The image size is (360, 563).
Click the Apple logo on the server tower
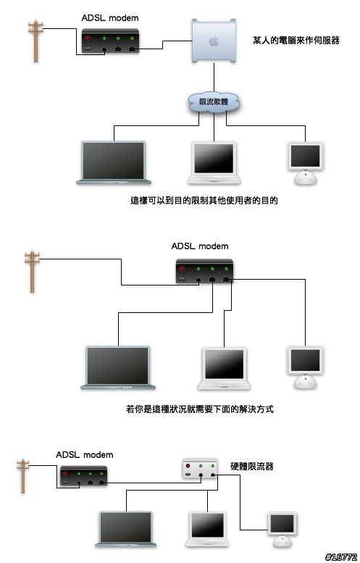(214, 41)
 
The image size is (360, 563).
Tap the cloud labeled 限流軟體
(214, 103)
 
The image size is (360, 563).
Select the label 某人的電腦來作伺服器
(296, 41)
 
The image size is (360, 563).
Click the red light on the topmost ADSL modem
(88, 38)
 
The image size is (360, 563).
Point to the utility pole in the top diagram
(36, 41)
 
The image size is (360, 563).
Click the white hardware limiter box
(200, 469)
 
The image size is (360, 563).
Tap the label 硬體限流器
(252, 467)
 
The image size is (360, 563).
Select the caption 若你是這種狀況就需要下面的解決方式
(200, 409)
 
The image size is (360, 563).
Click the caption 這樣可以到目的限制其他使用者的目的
(204, 201)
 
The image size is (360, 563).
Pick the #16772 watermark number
(341, 557)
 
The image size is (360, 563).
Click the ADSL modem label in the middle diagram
(200, 246)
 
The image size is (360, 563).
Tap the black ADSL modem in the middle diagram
(204, 271)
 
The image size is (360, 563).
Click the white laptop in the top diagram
(214, 163)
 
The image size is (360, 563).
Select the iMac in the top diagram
(306, 163)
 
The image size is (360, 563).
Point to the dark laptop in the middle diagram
(118, 367)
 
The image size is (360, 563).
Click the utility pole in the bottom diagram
(23, 476)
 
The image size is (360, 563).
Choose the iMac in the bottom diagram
(282, 529)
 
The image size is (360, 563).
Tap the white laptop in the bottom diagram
(207, 529)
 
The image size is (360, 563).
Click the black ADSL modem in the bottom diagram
(84, 476)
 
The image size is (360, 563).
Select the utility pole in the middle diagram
(33, 272)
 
